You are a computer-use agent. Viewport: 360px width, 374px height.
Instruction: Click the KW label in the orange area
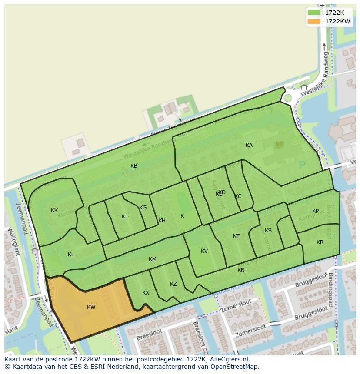(91, 307)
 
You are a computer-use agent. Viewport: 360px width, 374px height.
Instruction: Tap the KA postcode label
(249, 146)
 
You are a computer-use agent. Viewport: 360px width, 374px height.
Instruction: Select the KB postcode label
(134, 166)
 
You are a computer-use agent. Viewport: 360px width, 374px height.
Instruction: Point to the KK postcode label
(54, 210)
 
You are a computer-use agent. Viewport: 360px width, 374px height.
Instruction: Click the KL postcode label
(71, 255)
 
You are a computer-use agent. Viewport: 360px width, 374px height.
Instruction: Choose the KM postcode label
(152, 259)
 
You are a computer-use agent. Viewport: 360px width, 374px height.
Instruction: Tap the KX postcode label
(146, 293)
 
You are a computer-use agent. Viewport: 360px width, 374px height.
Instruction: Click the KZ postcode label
(173, 284)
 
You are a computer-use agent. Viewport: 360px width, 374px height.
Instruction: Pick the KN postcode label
(241, 270)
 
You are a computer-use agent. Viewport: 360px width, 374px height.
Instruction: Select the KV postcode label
(204, 251)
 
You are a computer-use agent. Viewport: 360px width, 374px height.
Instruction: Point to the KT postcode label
(236, 236)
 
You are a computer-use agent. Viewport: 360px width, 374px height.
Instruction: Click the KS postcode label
(268, 231)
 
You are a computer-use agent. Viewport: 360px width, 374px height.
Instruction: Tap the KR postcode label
(320, 242)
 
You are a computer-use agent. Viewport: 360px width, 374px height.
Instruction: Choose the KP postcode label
(315, 211)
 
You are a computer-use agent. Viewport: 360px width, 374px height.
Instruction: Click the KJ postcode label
(124, 217)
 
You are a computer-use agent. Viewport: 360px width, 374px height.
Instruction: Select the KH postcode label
(162, 221)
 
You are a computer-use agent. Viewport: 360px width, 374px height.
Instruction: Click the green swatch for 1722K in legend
(314, 13)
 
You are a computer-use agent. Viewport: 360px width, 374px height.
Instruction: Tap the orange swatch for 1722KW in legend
(314, 21)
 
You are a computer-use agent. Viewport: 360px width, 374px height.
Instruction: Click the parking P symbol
(302, 165)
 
